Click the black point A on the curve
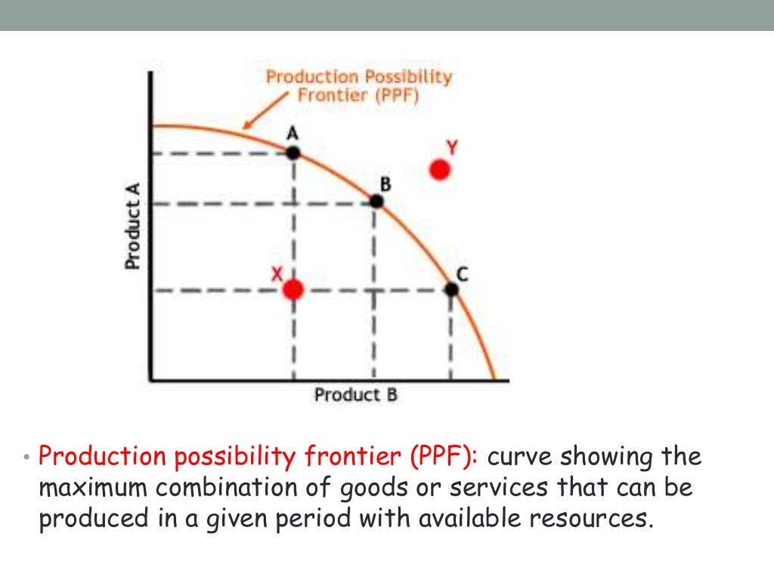(x=293, y=153)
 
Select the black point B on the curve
(x=376, y=201)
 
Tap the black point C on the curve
(x=451, y=289)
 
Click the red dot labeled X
(x=293, y=289)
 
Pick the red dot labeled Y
(x=440, y=170)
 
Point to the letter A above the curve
(x=293, y=134)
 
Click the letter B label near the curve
(x=385, y=183)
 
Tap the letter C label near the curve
(x=462, y=276)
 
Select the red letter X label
(x=277, y=276)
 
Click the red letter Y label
(x=451, y=148)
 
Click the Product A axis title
(x=133, y=227)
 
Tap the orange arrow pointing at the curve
(x=261, y=113)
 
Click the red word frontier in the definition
(x=354, y=457)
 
